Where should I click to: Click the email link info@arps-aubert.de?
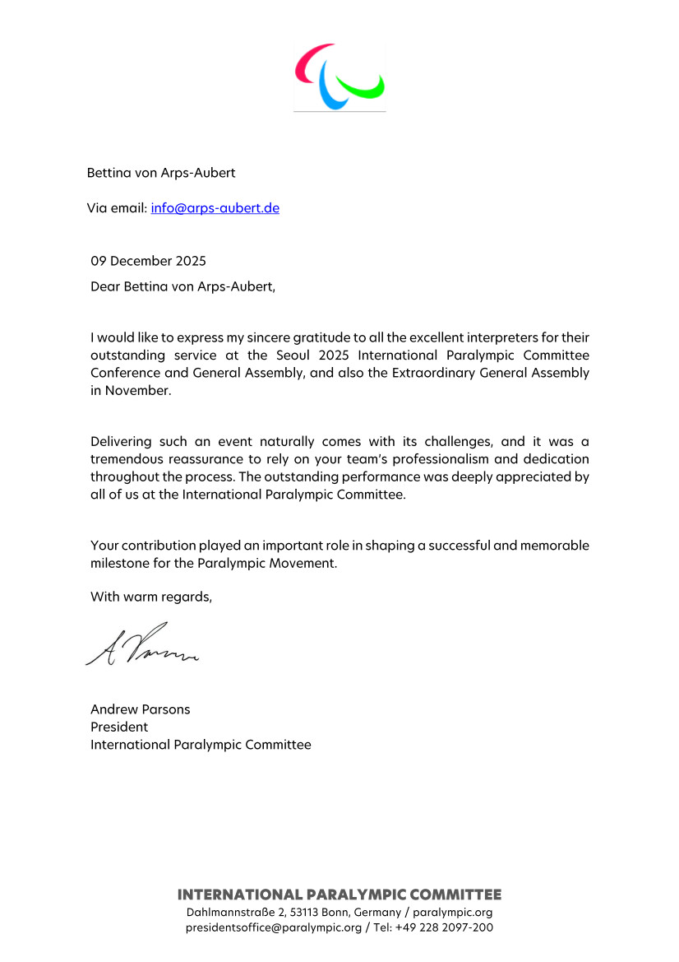point(215,208)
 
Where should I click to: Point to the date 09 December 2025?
point(148,262)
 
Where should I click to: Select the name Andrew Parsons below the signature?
point(140,709)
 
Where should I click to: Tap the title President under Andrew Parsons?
point(119,727)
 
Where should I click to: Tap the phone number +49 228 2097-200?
point(445,927)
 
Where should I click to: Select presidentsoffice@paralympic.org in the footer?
point(273,927)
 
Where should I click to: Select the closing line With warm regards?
point(151,597)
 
